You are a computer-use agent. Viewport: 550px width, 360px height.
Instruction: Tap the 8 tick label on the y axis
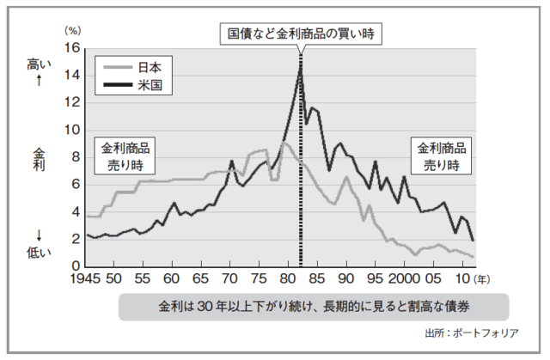74,157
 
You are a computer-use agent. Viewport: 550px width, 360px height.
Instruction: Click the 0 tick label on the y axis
74,265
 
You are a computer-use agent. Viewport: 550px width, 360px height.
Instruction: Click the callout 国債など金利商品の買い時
299,34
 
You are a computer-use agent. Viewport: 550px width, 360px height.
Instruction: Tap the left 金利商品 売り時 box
126,155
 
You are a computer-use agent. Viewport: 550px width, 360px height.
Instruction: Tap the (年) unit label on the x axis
484,279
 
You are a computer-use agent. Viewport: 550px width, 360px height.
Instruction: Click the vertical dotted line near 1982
300,172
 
